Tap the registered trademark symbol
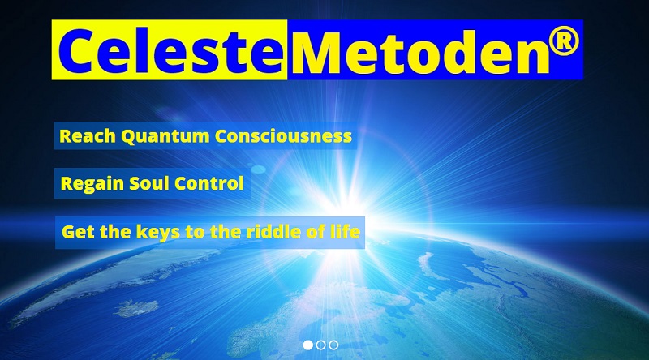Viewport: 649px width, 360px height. point(564,41)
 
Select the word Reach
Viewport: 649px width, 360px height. point(88,136)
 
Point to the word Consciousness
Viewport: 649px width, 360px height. point(283,136)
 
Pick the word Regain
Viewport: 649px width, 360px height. point(92,184)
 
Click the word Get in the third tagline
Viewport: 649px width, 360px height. point(79,232)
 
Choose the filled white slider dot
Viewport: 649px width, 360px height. point(308,345)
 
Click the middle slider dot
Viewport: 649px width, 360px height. point(320,345)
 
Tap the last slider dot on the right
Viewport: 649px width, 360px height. point(333,345)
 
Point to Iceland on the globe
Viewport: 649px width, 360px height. point(136,308)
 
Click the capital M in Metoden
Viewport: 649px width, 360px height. point(317,52)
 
